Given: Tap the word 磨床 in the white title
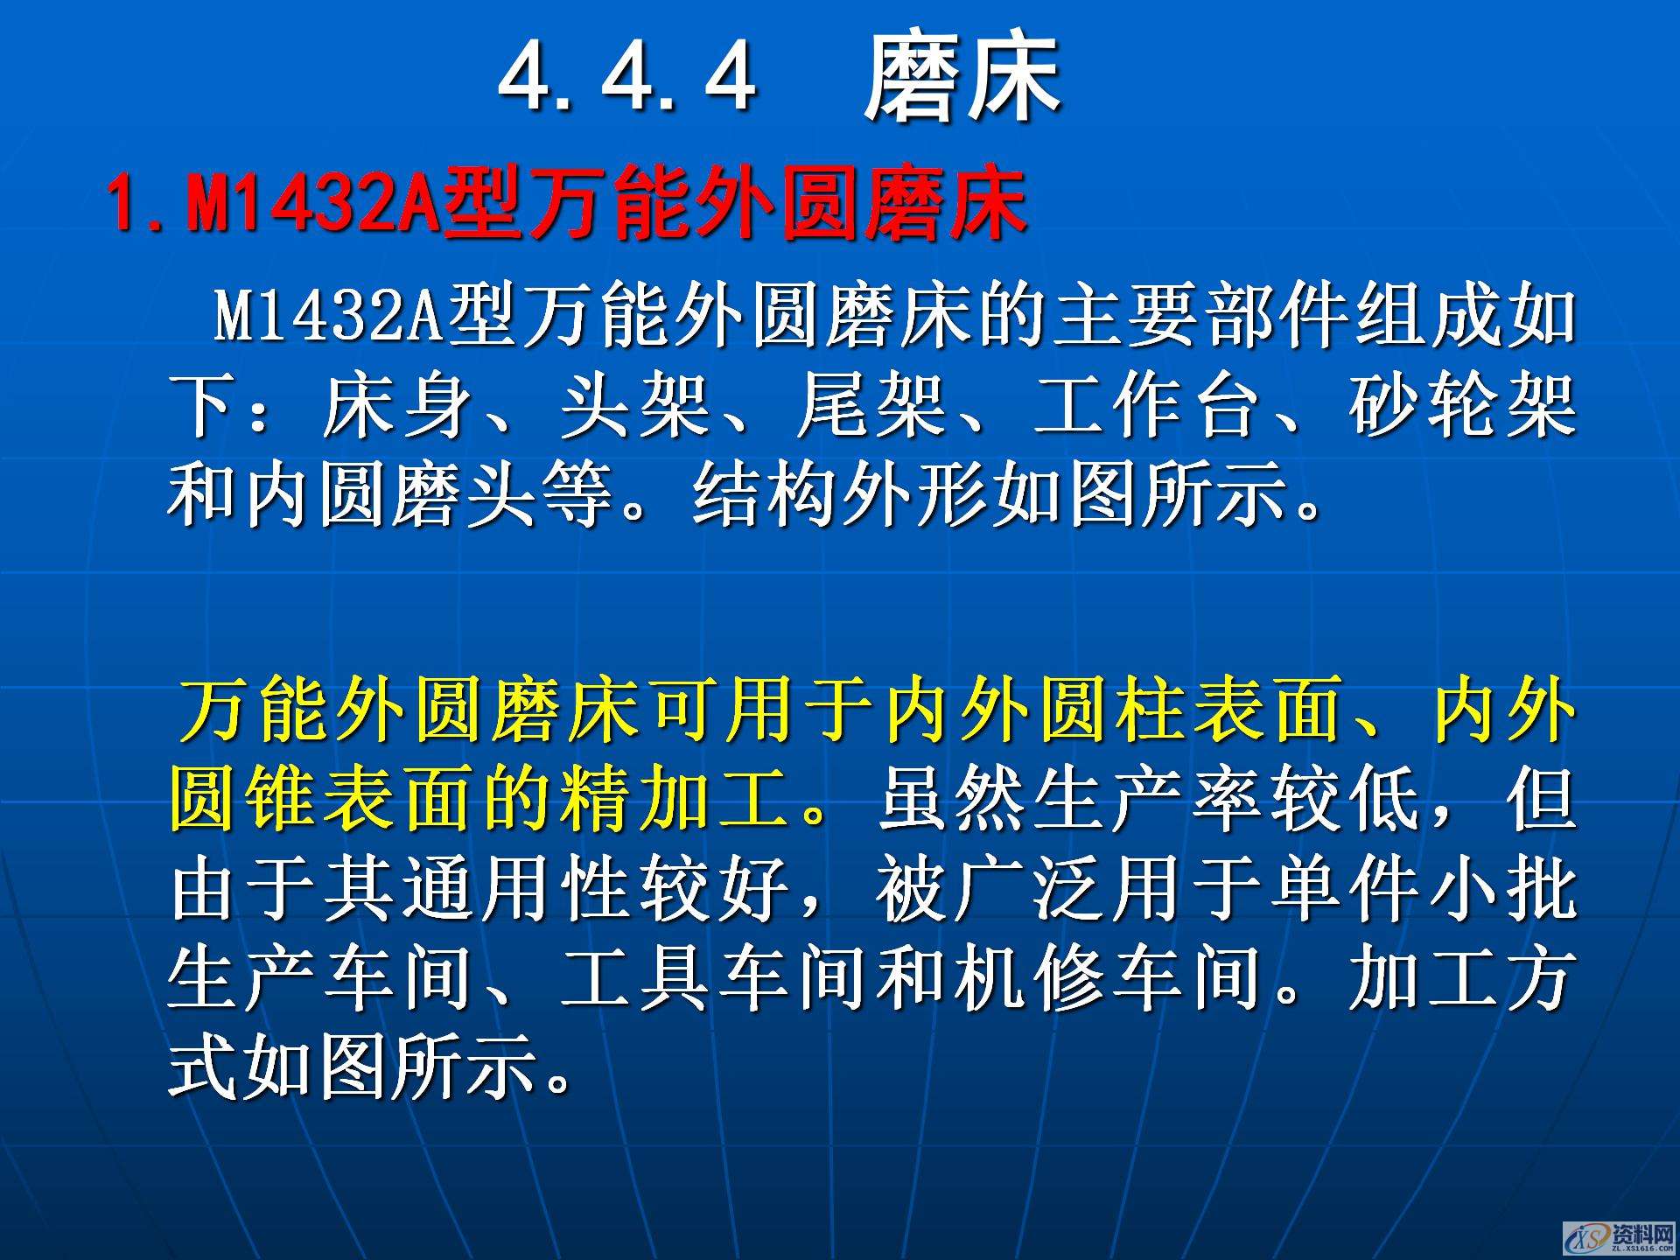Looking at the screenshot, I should pos(962,78).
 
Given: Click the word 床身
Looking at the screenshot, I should pos(398,406).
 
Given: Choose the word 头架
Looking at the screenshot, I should pos(634,406).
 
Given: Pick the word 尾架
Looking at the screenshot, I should pos(871,406).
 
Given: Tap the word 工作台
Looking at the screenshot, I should pos(1146,406).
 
